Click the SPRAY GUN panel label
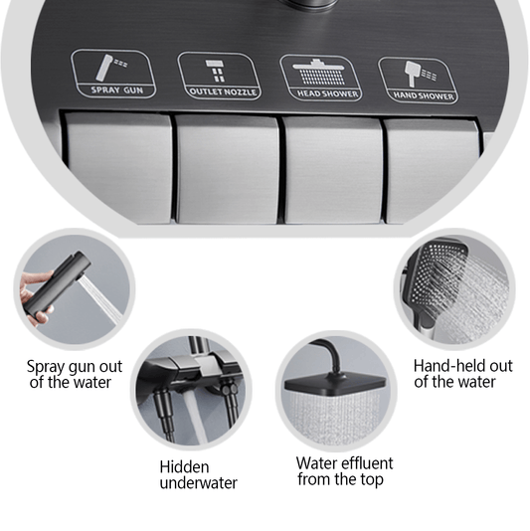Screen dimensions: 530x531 click(116, 90)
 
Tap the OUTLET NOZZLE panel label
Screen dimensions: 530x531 click(223, 92)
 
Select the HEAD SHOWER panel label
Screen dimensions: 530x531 click(327, 93)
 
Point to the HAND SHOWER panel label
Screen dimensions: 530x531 click(424, 95)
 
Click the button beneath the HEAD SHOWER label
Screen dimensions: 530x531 click(333, 170)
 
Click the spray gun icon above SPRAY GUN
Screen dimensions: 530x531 click(111, 68)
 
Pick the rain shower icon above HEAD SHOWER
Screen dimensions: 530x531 click(318, 72)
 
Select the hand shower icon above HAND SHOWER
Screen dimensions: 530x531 click(421, 74)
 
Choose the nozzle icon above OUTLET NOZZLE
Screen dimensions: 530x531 click(216, 71)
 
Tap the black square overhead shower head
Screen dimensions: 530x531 click(336, 385)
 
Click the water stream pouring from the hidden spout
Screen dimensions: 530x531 click(196, 417)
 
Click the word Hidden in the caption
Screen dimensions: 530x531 click(184, 467)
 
